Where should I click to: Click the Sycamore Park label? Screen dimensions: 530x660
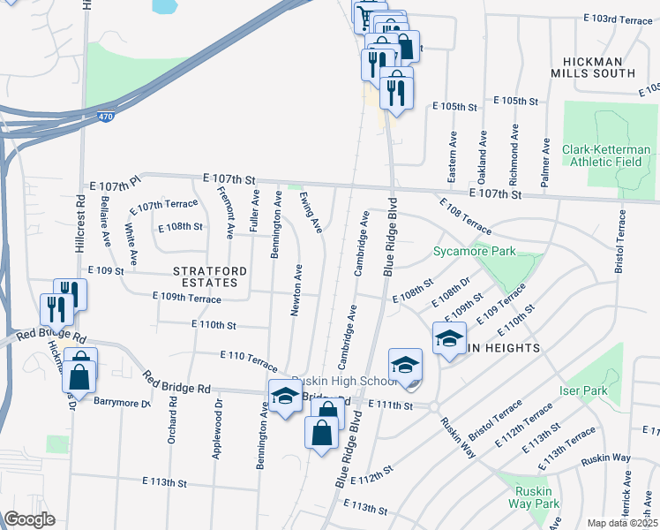click(x=474, y=252)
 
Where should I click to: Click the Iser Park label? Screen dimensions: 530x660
click(x=584, y=390)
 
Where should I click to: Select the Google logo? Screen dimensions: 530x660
click(x=29, y=519)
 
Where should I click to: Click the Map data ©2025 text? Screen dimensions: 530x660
click(x=623, y=523)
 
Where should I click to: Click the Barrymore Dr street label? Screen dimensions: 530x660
click(x=123, y=402)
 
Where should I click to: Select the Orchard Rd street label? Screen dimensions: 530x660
click(x=173, y=420)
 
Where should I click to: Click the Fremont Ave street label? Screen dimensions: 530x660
click(x=226, y=213)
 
